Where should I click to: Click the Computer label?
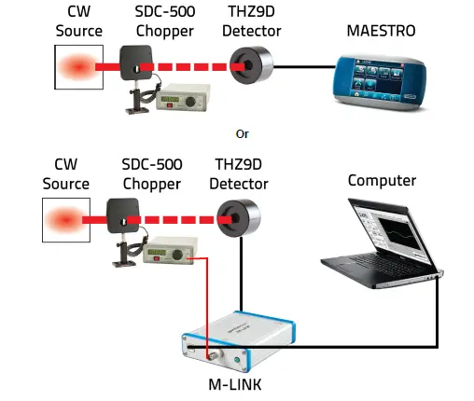382,180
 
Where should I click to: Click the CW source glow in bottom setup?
63,222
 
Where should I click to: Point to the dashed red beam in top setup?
196,67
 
